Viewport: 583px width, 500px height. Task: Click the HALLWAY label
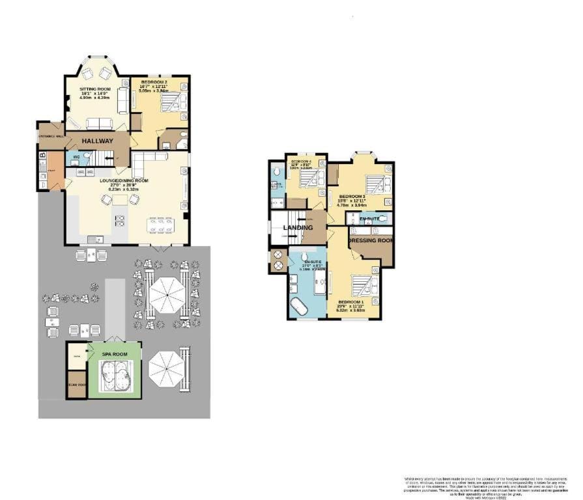coord(97,141)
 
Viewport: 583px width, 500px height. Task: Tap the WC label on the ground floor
coord(77,157)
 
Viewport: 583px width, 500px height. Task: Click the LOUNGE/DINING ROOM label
coord(124,180)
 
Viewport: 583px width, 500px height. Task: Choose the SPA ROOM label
coord(115,354)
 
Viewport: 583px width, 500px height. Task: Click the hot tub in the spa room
coord(115,376)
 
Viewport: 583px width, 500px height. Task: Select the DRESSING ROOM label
coord(371,241)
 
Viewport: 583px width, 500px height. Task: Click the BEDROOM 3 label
coord(352,195)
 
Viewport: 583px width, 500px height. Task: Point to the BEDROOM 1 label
coord(351,303)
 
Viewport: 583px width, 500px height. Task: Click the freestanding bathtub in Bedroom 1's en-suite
coord(300,307)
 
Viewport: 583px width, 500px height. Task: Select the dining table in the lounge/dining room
coord(159,225)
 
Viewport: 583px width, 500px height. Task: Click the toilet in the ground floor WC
coord(88,156)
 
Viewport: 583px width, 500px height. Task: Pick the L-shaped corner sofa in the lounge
coord(147,160)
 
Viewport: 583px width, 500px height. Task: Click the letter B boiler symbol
coord(42,156)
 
